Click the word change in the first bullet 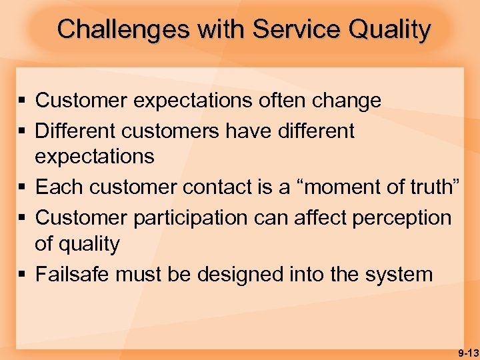[347, 101]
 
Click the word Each [56, 187]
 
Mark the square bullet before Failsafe [23, 275]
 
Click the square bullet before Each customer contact [23, 188]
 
